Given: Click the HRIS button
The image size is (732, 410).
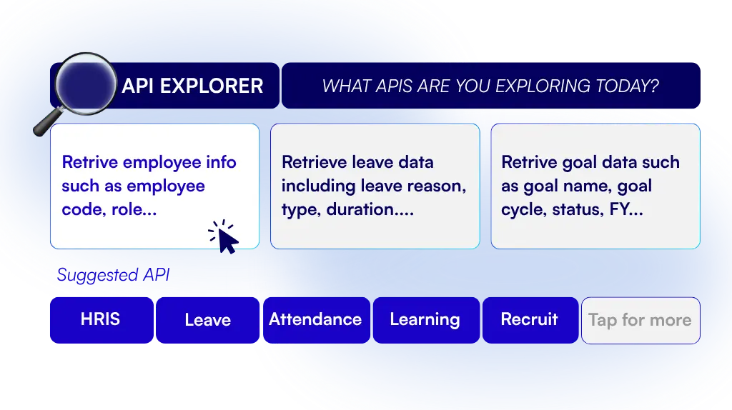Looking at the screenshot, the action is pyautogui.click(x=102, y=320).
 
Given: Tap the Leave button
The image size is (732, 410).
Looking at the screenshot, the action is pyautogui.click(x=208, y=320).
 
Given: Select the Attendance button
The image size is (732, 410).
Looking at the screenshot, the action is pyautogui.click(x=317, y=320).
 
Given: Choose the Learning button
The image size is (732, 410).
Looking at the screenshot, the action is pyautogui.click(x=426, y=320).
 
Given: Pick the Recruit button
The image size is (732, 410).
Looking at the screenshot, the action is pyautogui.click(x=530, y=320).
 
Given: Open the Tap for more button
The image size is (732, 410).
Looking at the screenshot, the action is pyautogui.click(x=640, y=321).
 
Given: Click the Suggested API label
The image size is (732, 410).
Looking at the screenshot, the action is pyautogui.click(x=113, y=275).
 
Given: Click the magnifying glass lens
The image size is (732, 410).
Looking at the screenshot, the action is pyautogui.click(x=86, y=84).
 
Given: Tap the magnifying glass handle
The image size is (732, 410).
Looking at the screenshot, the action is pyautogui.click(x=48, y=121).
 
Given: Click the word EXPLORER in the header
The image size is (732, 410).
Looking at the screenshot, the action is pyautogui.click(x=212, y=86).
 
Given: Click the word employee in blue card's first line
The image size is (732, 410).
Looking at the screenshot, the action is pyautogui.click(x=162, y=163).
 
